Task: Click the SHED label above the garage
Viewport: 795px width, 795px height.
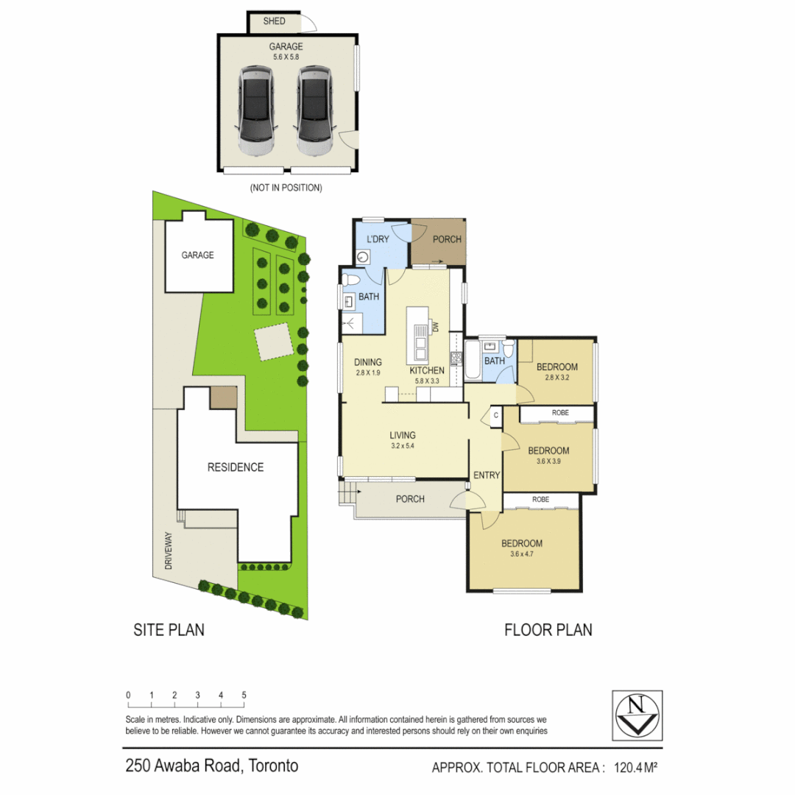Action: click(274, 21)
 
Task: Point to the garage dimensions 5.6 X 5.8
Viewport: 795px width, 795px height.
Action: click(286, 57)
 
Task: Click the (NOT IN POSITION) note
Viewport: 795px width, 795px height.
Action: click(286, 188)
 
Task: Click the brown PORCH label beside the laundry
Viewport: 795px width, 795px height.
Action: click(446, 239)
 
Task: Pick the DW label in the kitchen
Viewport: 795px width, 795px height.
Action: click(435, 326)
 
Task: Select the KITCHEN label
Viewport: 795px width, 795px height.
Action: click(427, 370)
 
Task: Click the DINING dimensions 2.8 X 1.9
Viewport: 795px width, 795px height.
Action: click(368, 372)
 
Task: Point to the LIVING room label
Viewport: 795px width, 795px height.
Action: click(403, 435)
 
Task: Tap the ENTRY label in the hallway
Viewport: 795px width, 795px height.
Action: click(487, 476)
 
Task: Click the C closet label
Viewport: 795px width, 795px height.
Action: click(495, 416)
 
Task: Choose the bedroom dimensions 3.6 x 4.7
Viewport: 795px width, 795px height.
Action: click(522, 554)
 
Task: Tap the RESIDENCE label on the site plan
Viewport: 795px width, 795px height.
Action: click(235, 467)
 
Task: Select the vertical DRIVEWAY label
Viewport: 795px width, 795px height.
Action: click(168, 552)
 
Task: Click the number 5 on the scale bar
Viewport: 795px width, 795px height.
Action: click(244, 695)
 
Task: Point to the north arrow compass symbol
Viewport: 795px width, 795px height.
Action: click(637, 714)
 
